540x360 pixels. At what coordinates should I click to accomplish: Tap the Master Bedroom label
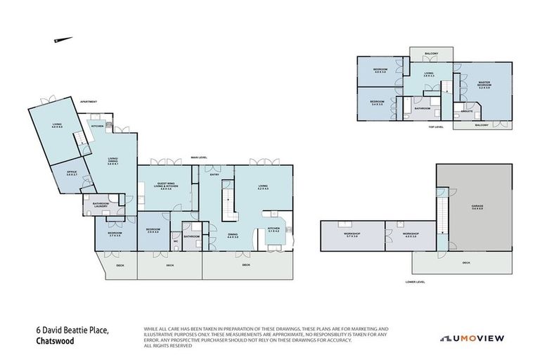click(x=484, y=84)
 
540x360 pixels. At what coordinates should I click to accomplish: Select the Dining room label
click(x=233, y=236)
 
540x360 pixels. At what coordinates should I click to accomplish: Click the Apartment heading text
click(x=88, y=101)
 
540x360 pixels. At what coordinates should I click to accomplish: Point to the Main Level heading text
click(x=199, y=157)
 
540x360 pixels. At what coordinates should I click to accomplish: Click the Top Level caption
click(x=435, y=127)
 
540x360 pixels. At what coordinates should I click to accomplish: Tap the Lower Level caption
click(x=415, y=281)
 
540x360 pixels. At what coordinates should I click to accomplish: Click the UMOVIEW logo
click(x=472, y=338)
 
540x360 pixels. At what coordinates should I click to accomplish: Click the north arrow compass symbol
click(x=63, y=40)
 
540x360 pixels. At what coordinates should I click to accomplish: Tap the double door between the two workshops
click(x=385, y=233)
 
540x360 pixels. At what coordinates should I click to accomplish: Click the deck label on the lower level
click(x=465, y=262)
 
